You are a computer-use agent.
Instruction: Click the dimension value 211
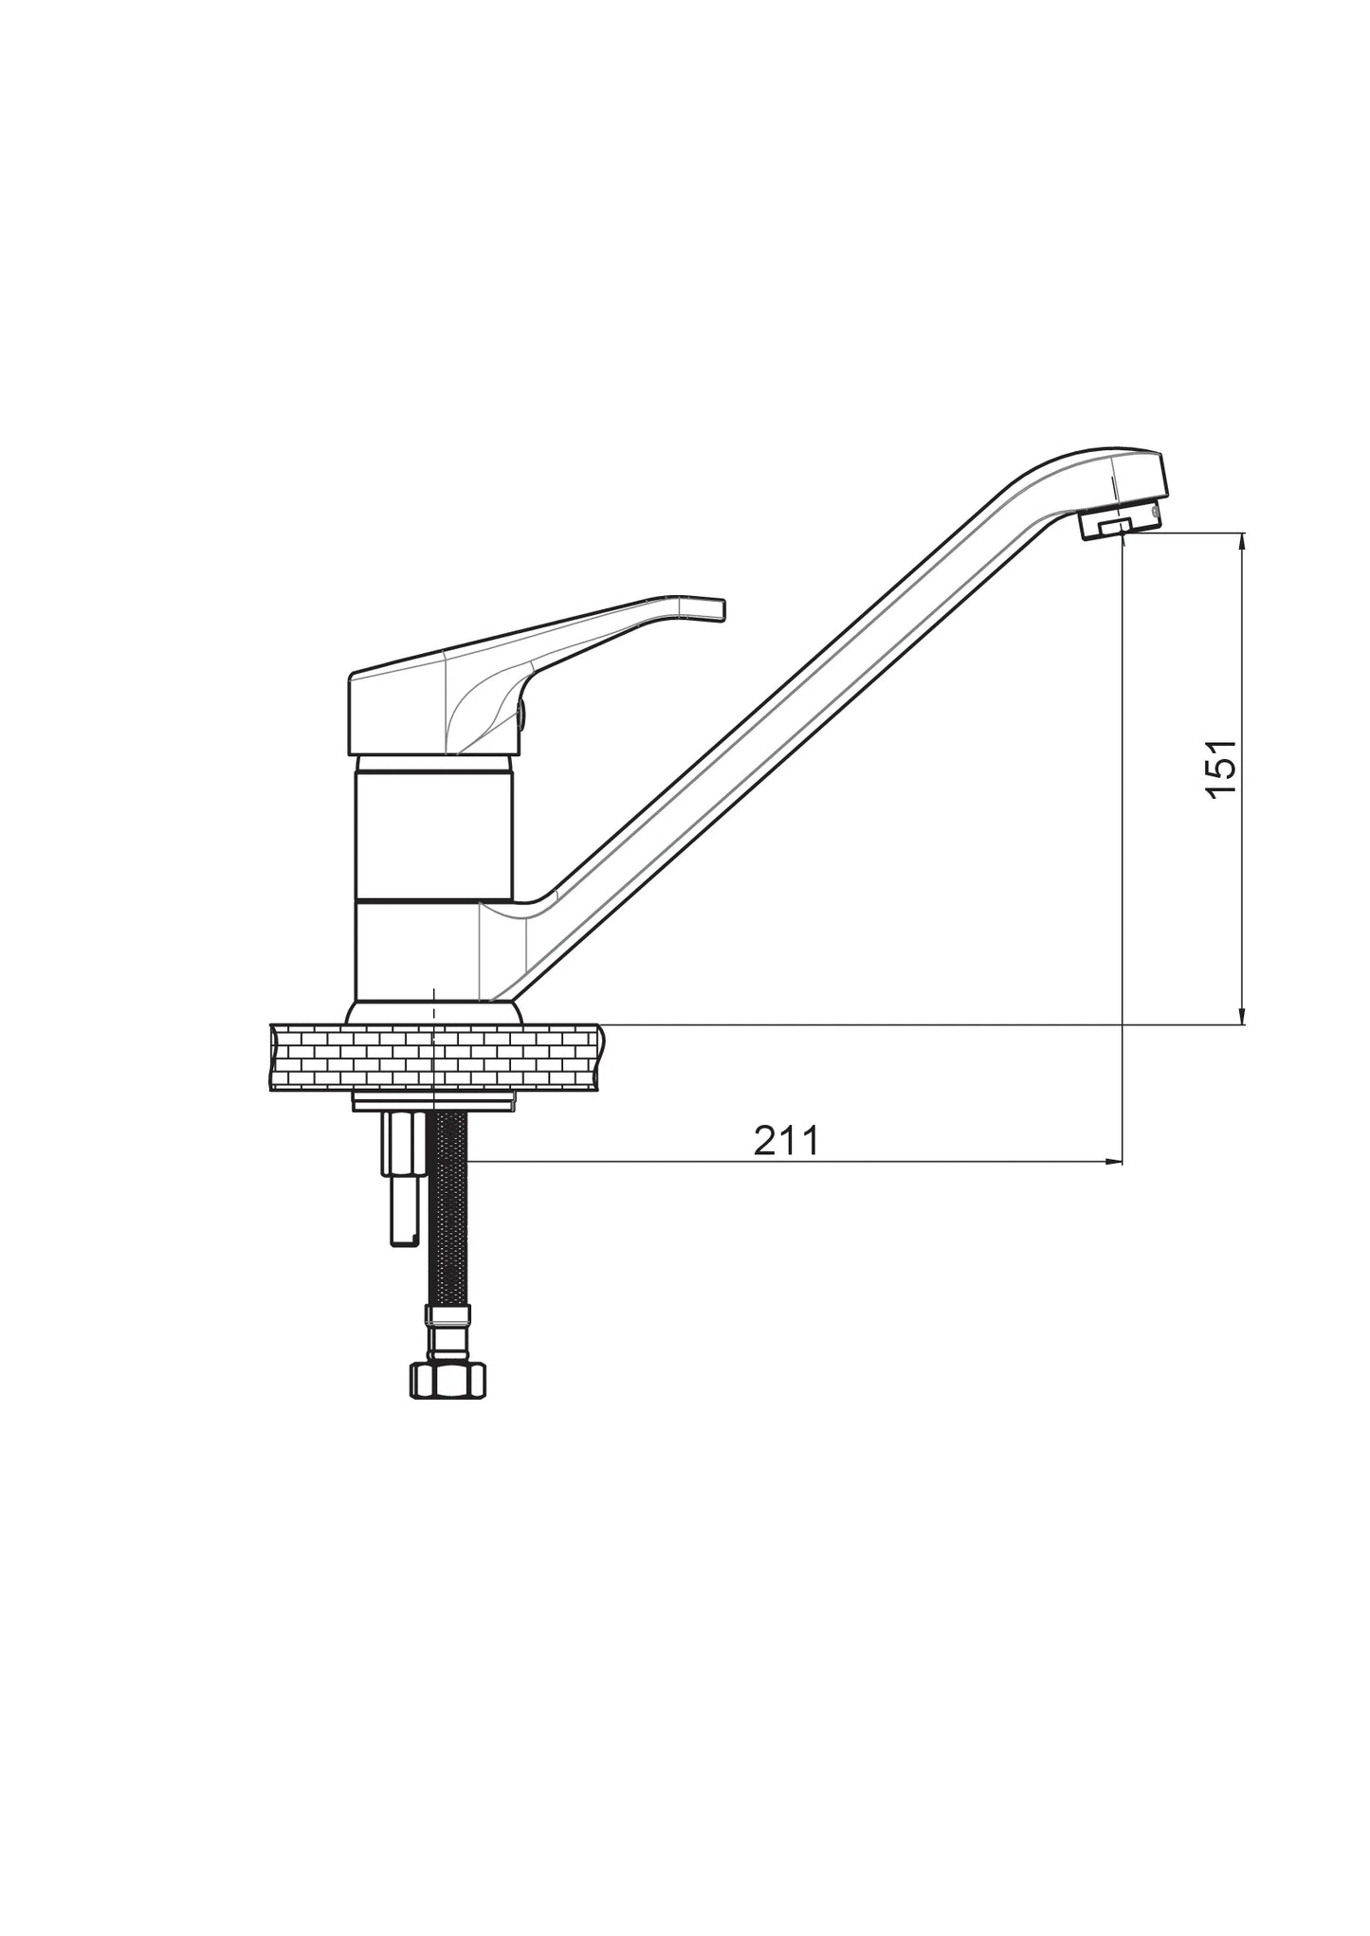(x=785, y=1141)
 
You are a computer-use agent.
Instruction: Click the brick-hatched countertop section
(x=437, y=1057)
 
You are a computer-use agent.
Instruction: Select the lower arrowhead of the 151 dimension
(x=1242, y=1014)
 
